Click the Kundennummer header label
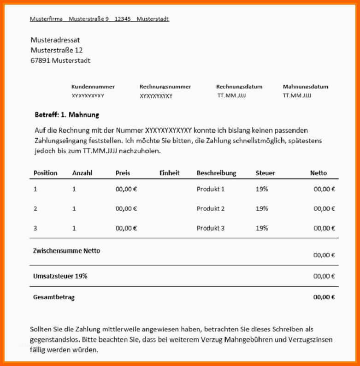(93, 87)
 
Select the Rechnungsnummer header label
(165, 87)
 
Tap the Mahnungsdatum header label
(305, 87)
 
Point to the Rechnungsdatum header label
(239, 87)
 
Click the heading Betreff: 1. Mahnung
(67, 115)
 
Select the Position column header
(45, 173)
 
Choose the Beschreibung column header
(216, 173)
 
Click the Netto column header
(318, 173)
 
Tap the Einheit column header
(169, 173)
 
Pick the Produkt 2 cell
(210, 208)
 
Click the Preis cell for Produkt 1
(126, 189)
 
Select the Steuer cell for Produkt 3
(261, 228)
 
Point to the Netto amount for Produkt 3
(324, 228)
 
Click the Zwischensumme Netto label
(66, 251)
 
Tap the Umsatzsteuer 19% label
(60, 276)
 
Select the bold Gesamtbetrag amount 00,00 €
(324, 297)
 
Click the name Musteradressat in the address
(55, 40)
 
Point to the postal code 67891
(40, 60)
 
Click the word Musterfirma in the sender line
(46, 19)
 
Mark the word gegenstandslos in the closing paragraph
(53, 340)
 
